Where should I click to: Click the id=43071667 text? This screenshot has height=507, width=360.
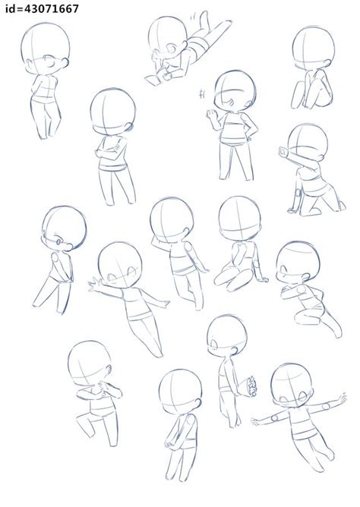click(42, 9)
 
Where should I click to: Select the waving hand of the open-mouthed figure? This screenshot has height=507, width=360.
click(212, 115)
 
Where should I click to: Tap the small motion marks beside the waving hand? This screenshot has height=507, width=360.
click(203, 94)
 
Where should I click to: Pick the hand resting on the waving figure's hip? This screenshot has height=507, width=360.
click(250, 137)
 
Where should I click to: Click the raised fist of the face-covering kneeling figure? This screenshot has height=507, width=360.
click(283, 151)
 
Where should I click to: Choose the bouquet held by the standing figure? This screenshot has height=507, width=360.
click(251, 386)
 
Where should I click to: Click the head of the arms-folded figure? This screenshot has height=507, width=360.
click(112, 112)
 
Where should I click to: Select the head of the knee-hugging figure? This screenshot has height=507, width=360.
click(313, 48)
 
